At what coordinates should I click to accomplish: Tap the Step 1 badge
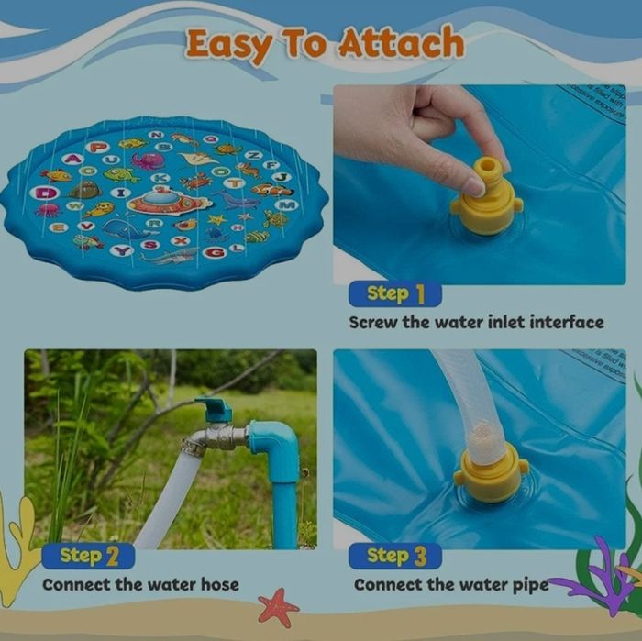pos(395,293)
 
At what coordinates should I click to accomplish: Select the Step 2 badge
pos(88,556)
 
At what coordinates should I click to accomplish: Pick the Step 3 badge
pos(395,556)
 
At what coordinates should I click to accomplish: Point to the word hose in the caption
pos(218,584)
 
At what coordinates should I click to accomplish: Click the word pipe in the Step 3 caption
pos(530,584)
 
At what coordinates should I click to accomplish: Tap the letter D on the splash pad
pos(43,193)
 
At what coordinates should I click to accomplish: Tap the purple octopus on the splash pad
pos(148,161)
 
